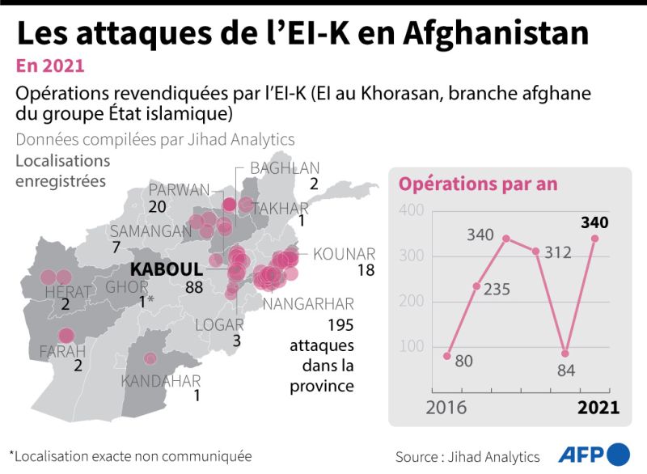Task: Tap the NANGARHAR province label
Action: (x=310, y=304)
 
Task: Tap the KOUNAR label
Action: (x=344, y=253)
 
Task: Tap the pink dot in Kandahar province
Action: (x=150, y=358)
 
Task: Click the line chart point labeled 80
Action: (x=447, y=356)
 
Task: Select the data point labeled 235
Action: (x=476, y=286)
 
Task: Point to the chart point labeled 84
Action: (x=565, y=353)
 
